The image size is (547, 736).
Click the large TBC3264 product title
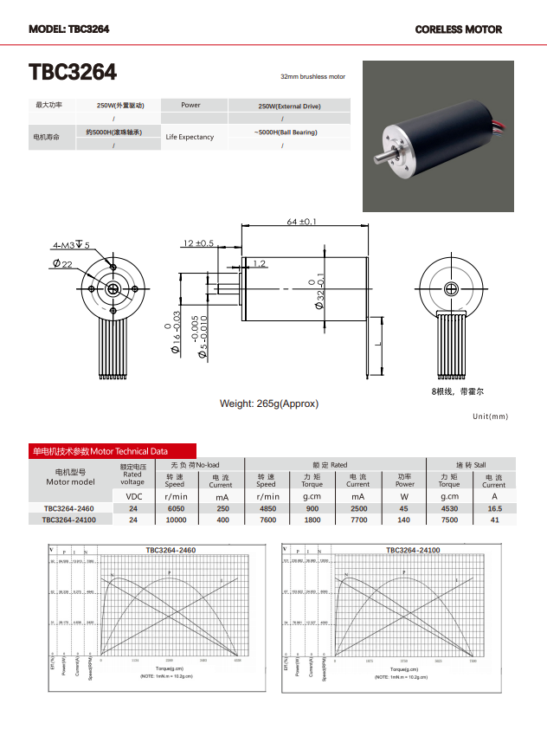pyautogui.click(x=73, y=72)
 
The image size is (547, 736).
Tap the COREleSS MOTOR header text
pyautogui.click(x=458, y=29)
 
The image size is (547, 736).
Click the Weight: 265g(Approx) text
pyautogui.click(x=269, y=404)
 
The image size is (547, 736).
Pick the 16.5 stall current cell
pyautogui.click(x=494, y=508)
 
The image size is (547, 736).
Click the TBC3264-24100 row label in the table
pyautogui.click(x=69, y=520)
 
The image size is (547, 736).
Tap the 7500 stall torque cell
pyautogui.click(x=449, y=520)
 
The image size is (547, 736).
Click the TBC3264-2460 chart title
pyautogui.click(x=170, y=550)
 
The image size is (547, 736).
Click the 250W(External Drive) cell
pyautogui.click(x=289, y=106)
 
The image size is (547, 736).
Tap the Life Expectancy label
pyautogui.click(x=190, y=137)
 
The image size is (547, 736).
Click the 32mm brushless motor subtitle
pyautogui.click(x=312, y=76)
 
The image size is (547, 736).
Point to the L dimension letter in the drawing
pyautogui.click(x=378, y=344)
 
